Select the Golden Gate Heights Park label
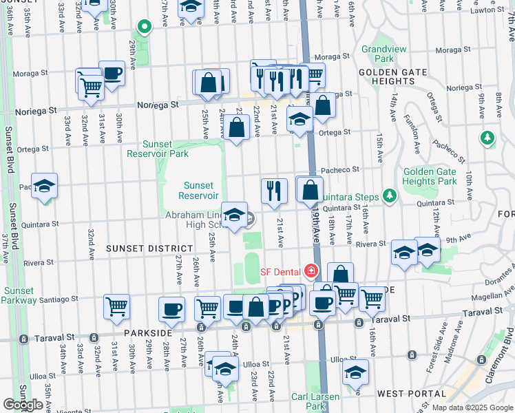[430, 176]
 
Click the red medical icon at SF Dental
[311, 271]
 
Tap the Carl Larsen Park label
[315, 401]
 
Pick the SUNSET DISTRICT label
[150, 248]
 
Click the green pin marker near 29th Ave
[144, 28]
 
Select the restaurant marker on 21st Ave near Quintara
[274, 191]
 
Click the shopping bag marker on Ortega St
[236, 128]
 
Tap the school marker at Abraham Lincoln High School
[234, 215]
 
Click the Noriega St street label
[157, 105]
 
